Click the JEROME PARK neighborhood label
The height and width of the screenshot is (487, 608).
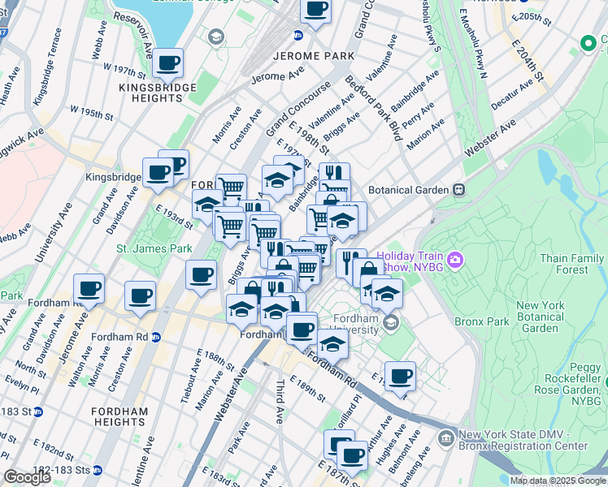tap(315, 56)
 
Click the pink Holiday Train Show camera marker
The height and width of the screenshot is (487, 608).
tap(454, 260)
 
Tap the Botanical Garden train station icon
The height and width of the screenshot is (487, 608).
tap(458, 189)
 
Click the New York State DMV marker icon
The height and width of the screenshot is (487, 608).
tap(445, 439)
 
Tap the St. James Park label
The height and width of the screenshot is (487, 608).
tap(154, 248)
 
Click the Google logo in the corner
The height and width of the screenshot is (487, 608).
tap(27, 477)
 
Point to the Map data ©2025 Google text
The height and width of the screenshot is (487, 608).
tap(557, 481)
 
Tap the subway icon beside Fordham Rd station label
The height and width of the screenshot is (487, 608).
tap(155, 337)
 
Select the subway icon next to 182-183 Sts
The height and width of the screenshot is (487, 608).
tap(97, 470)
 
